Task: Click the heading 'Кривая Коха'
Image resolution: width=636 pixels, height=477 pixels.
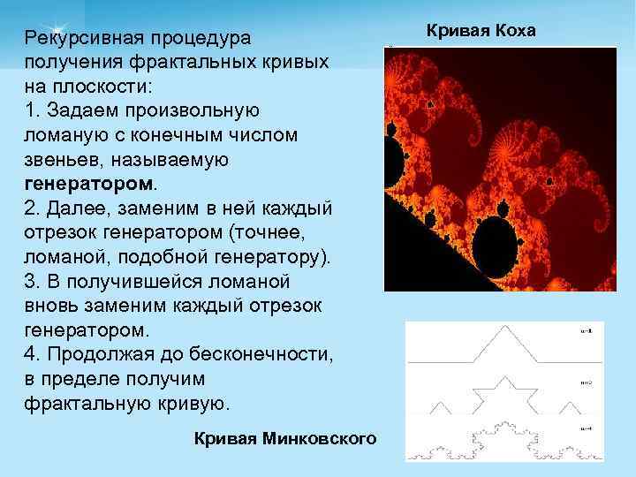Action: [x=481, y=31]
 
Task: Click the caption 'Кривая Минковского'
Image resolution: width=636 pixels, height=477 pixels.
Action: [x=284, y=438]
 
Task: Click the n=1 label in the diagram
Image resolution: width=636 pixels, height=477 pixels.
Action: [x=587, y=330]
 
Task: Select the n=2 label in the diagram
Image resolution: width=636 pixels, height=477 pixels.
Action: [x=587, y=382]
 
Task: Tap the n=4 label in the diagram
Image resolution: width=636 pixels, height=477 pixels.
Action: [x=587, y=428]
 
